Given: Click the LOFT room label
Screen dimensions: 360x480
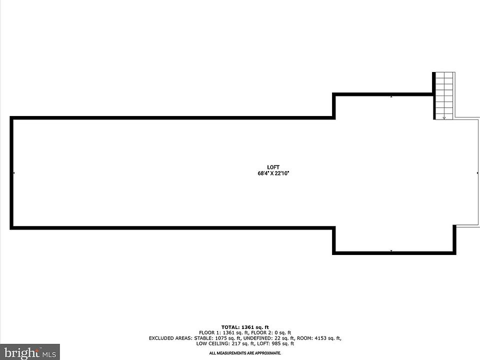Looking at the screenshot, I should click(x=273, y=167).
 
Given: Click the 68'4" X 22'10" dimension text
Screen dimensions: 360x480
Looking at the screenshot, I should click(x=273, y=173).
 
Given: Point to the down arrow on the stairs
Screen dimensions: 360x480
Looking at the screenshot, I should click(x=444, y=117).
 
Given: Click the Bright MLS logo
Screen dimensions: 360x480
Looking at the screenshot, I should click(x=30, y=351).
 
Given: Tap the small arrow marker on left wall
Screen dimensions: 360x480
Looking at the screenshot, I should click(x=14, y=173).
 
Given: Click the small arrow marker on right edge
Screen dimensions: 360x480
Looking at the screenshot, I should click(x=477, y=173).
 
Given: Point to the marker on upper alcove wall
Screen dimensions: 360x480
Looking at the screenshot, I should click(x=391, y=96).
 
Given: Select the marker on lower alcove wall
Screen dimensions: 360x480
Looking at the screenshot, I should click(x=391, y=251).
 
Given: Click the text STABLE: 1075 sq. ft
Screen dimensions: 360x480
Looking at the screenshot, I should click(x=214, y=338).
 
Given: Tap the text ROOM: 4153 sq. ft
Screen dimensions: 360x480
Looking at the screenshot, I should click(x=318, y=338).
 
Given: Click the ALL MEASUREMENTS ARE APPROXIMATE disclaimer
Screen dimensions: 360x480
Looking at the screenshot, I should click(x=245, y=353).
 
